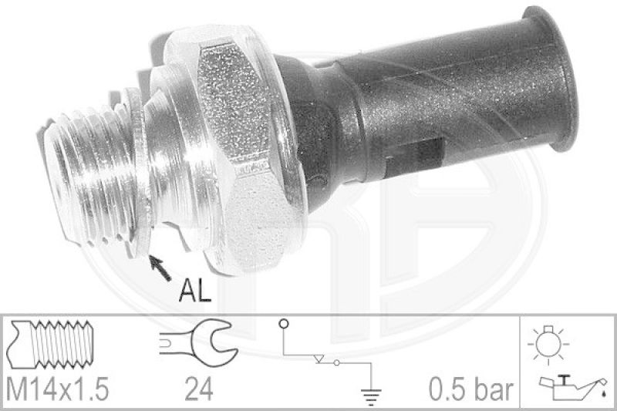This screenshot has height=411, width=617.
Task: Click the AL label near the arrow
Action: tap(194, 291)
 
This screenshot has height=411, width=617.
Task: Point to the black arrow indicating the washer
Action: tap(160, 267)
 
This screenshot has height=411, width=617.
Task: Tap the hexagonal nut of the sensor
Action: tap(239, 154)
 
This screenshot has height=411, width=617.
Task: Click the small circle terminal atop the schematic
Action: tap(284, 324)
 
